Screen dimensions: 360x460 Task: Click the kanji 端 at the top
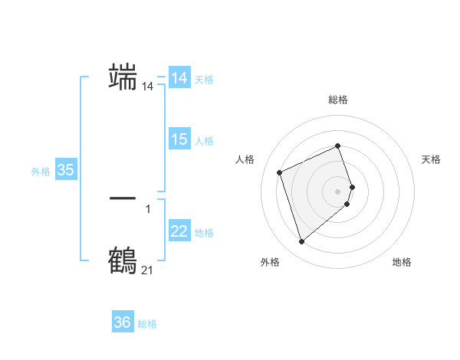(123, 77)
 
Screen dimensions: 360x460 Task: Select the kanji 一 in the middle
(123, 198)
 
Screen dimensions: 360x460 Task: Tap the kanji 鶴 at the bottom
(123, 260)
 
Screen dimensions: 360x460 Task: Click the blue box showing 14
(179, 78)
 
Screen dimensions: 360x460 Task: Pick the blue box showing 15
(179, 139)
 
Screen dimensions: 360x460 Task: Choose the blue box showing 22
(179, 231)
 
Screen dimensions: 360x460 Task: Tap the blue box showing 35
(65, 170)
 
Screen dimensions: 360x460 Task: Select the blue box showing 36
(122, 322)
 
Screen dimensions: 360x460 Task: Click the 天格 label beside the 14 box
(204, 80)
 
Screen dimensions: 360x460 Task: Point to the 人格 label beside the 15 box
(204, 141)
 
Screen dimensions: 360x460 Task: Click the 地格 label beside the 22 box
(204, 233)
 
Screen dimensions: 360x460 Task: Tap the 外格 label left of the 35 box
(41, 172)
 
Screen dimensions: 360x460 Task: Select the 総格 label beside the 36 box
(147, 324)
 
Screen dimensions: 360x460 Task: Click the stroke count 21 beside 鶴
(147, 270)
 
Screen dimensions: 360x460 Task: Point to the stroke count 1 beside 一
(148, 208)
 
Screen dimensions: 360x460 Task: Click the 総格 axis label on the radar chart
(338, 100)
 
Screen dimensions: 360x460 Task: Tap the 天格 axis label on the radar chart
(432, 159)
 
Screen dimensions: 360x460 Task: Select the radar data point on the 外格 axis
(301, 242)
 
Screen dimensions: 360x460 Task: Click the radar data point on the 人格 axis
(280, 172)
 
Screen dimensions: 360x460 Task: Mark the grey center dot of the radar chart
(338, 191)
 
